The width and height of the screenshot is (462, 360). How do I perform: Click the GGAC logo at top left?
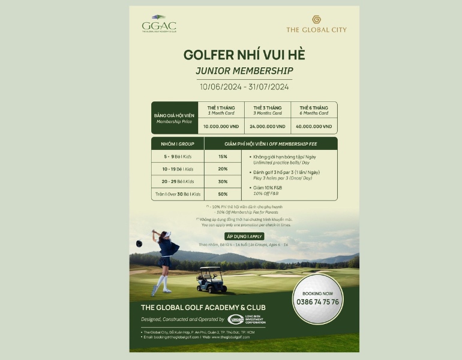click(x=159, y=26)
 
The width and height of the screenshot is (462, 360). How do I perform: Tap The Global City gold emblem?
click(x=316, y=19)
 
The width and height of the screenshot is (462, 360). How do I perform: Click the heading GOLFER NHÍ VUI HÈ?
click(x=244, y=55)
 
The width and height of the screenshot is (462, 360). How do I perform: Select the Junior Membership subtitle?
click(x=244, y=71)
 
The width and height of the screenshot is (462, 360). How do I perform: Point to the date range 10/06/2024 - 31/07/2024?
click(x=244, y=86)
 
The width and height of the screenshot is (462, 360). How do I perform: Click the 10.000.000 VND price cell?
click(x=221, y=127)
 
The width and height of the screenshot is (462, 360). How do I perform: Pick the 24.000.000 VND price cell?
click(x=268, y=127)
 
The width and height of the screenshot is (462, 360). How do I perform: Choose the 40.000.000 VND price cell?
click(x=314, y=127)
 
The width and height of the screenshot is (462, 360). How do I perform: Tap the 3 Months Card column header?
click(x=268, y=110)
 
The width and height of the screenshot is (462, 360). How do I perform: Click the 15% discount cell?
click(x=223, y=157)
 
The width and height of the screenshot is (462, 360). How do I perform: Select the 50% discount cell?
click(x=223, y=194)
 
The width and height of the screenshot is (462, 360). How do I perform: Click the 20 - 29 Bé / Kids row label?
click(x=178, y=181)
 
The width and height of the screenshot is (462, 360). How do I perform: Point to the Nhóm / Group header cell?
click(x=178, y=143)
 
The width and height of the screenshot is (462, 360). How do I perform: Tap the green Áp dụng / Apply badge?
click(x=244, y=236)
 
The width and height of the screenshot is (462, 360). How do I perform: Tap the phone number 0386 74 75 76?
click(x=317, y=302)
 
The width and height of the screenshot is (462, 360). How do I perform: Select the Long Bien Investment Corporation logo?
click(x=246, y=319)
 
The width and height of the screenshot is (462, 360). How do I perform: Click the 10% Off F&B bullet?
click(x=267, y=191)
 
